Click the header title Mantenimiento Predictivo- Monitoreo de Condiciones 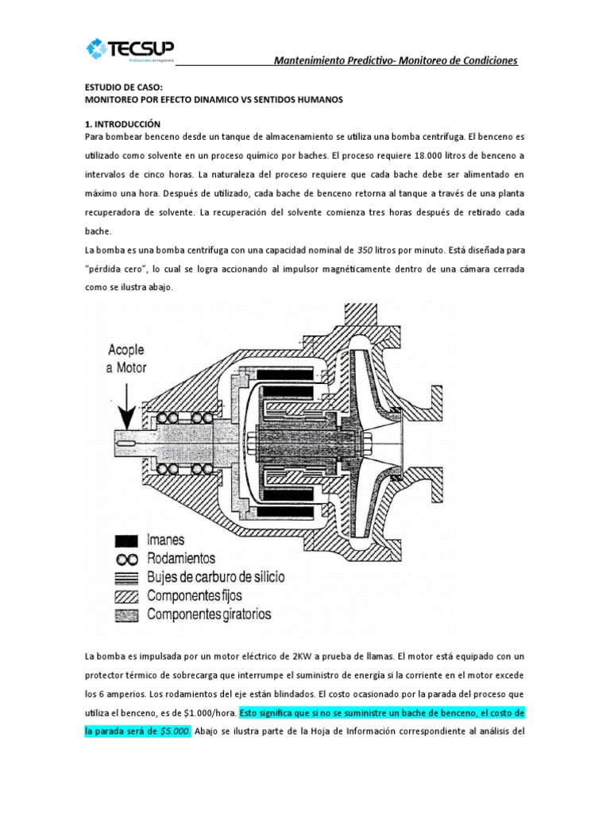tap(396, 61)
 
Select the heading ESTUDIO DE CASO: tap(122, 89)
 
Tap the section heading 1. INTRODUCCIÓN tap(122, 124)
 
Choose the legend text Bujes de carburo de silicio tap(215, 576)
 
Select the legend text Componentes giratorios tap(209, 614)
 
